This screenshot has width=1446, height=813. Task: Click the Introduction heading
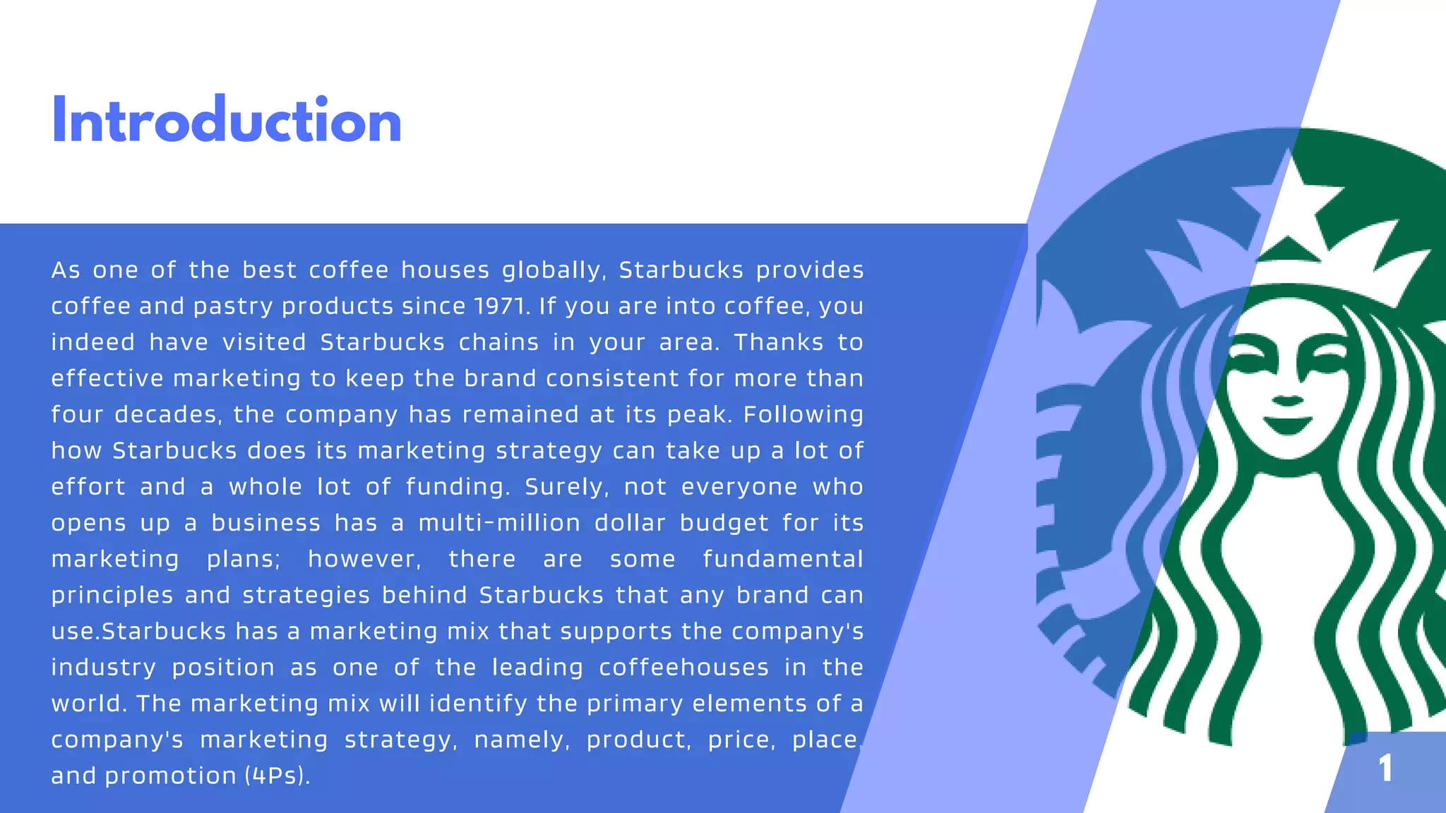(227, 121)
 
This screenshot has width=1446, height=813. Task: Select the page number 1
(1385, 768)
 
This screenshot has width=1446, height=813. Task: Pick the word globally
(554, 270)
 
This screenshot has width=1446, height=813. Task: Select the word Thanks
(779, 342)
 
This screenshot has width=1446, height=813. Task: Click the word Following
(803, 414)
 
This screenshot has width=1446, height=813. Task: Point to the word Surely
(566, 487)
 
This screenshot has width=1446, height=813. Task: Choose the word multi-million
(499, 523)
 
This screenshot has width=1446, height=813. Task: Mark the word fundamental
(783, 559)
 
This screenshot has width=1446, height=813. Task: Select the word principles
(112, 596)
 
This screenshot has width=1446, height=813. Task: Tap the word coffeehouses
(683, 668)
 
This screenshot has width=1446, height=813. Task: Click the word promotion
(170, 776)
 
